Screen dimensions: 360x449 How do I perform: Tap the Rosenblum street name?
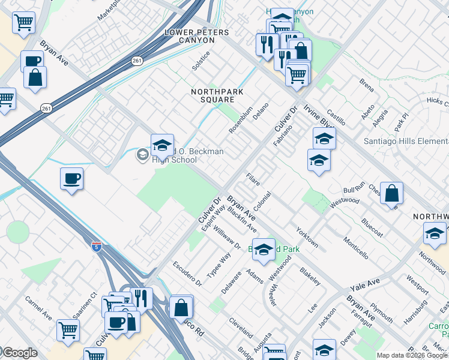coord(241,121)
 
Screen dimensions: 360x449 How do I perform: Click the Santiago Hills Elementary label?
coord(406,141)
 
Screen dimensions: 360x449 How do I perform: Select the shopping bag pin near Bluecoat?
coord(391,193)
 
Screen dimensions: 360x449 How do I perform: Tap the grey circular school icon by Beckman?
coord(142,155)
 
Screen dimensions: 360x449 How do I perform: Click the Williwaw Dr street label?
coord(226,238)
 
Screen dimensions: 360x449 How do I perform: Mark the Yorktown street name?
coord(307,237)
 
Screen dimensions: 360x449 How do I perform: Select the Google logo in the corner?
coord(19,353)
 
